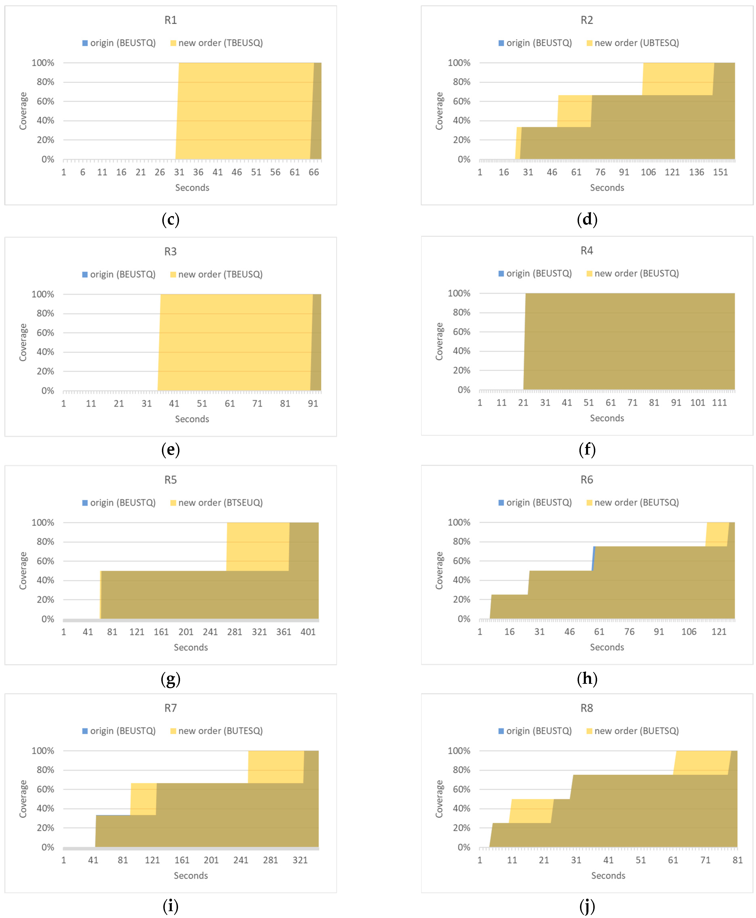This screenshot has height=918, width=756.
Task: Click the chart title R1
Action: coord(170,20)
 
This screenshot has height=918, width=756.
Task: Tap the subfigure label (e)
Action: coord(170,449)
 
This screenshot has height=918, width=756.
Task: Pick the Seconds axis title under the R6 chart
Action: coord(607,647)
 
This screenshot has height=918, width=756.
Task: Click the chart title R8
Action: coord(587,708)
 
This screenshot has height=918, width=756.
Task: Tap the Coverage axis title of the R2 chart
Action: coord(439,111)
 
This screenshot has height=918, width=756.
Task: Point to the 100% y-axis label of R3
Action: coord(43,294)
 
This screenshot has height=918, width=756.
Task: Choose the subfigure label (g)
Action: coord(170,679)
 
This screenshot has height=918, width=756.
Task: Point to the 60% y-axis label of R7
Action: coord(45,789)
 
